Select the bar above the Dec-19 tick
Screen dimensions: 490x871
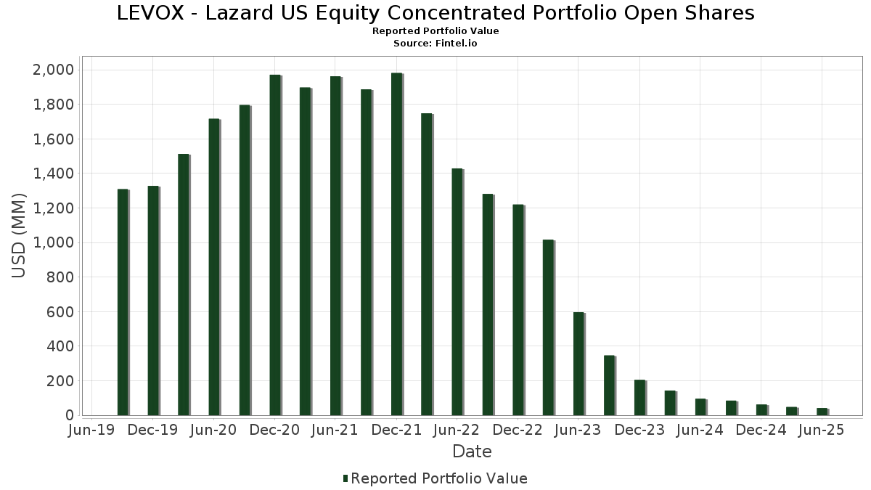pyautogui.click(x=153, y=301)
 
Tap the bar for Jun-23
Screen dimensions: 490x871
pyautogui.click(x=578, y=364)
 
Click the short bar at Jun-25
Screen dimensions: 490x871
pyautogui.click(x=822, y=412)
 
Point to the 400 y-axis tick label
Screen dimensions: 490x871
pyautogui.click(x=60, y=346)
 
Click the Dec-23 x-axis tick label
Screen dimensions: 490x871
pyautogui.click(x=639, y=430)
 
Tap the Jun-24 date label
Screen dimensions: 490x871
pyautogui.click(x=700, y=430)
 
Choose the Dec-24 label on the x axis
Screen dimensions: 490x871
pyautogui.click(x=761, y=430)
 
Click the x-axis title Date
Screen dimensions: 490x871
pyautogui.click(x=472, y=452)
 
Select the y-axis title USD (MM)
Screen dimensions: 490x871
pyautogui.click(x=20, y=236)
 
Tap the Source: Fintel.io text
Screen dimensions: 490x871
pyautogui.click(x=435, y=44)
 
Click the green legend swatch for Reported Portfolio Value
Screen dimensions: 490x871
pyautogui.click(x=345, y=478)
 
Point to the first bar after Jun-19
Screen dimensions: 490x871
pyautogui.click(x=123, y=302)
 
